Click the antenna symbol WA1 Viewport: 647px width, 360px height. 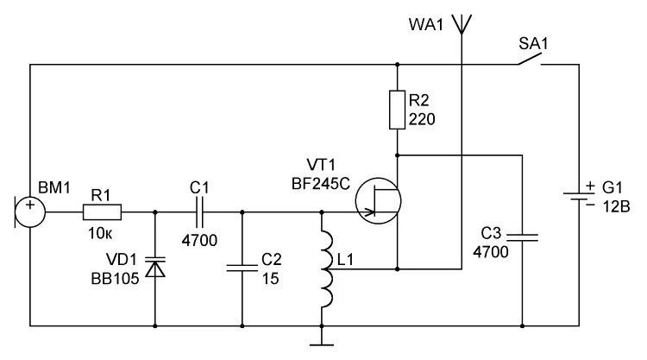[462, 24]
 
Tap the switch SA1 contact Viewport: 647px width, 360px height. [530, 60]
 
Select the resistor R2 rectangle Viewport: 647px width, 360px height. [397, 110]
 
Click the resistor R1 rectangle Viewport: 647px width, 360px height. [102, 212]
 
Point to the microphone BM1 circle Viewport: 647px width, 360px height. [30, 212]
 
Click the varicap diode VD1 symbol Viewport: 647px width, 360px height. [155, 267]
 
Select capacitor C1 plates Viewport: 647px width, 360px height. [200, 212]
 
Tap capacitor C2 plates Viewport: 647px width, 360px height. [242, 268]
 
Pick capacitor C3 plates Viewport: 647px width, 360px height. [523, 237]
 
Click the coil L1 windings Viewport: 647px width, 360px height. [327, 269]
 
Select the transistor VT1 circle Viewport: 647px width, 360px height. [378, 201]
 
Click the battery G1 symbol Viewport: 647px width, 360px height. [579, 197]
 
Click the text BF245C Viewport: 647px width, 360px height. [321, 184]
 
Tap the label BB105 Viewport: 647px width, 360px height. [115, 279]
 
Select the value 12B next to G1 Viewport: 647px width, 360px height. [617, 206]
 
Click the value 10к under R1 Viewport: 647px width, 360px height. [100, 234]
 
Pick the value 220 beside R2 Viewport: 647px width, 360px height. [422, 119]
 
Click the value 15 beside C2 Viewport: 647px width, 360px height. [271, 279]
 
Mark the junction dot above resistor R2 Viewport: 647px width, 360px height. [397, 65]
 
